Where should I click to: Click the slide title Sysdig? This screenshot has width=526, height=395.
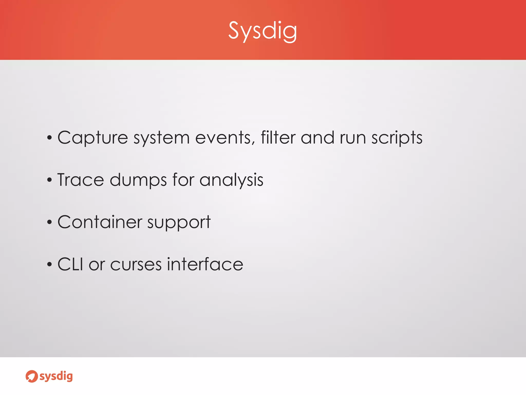coord(262,31)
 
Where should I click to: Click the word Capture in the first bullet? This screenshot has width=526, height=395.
coord(92,138)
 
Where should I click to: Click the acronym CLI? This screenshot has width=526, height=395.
coord(70,264)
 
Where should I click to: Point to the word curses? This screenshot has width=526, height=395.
coord(136,265)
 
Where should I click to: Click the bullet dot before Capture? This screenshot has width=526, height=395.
coord(50,138)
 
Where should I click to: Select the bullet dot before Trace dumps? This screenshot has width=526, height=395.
coord(50,180)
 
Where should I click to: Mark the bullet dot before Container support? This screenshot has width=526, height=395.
coord(50,222)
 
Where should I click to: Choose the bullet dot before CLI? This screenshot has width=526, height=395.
coord(50,265)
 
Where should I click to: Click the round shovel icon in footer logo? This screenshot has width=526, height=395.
coord(32,376)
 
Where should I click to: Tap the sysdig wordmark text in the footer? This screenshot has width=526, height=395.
coord(56,376)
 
